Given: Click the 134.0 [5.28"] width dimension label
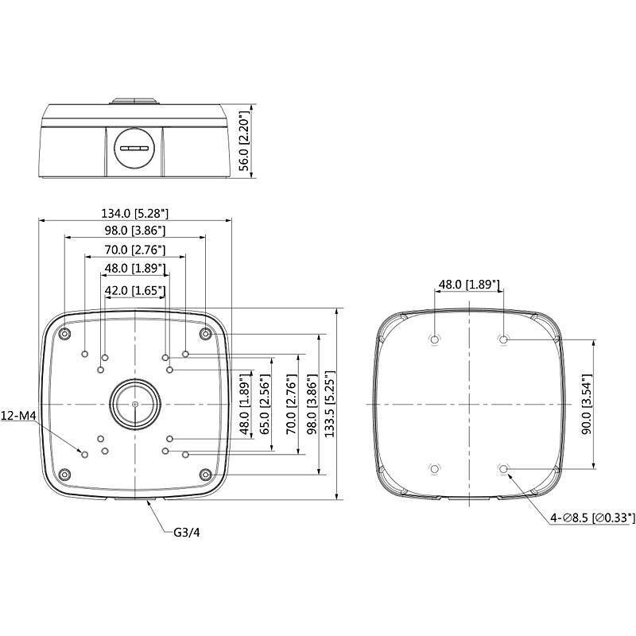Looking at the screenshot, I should tap(135, 213).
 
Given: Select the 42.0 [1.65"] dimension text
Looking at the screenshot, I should tap(135, 291).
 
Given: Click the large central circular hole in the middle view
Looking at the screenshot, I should tap(134, 404).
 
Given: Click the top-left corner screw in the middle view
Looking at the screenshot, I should tap(64, 334).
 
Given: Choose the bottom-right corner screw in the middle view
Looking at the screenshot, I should tap(205, 475).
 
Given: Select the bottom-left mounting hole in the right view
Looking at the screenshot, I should tap(434, 469).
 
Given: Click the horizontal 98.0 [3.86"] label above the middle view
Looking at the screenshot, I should tap(135, 231).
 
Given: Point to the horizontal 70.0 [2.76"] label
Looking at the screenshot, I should tap(135, 250).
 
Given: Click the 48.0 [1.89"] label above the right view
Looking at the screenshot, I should tap(469, 285).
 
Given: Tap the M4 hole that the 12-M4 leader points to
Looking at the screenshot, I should tap(85, 453).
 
